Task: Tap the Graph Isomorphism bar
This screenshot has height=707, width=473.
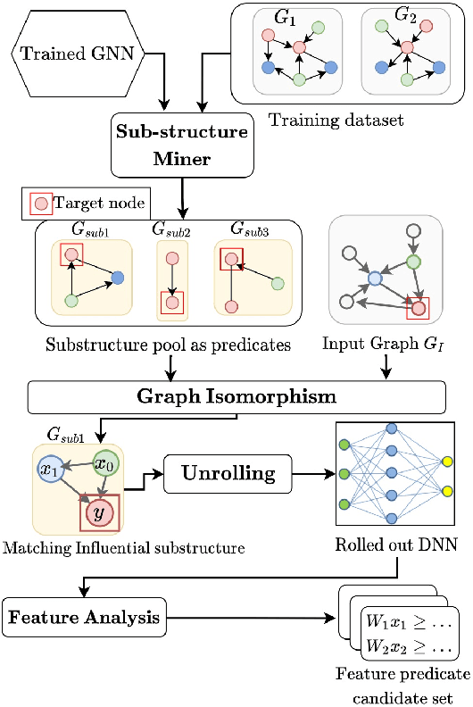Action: [236, 395]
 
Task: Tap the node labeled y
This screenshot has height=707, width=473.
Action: [98, 515]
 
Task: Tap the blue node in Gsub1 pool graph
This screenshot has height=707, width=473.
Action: [118, 279]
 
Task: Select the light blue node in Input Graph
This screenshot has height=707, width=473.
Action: [376, 279]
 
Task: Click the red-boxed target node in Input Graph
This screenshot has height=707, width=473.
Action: [417, 309]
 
